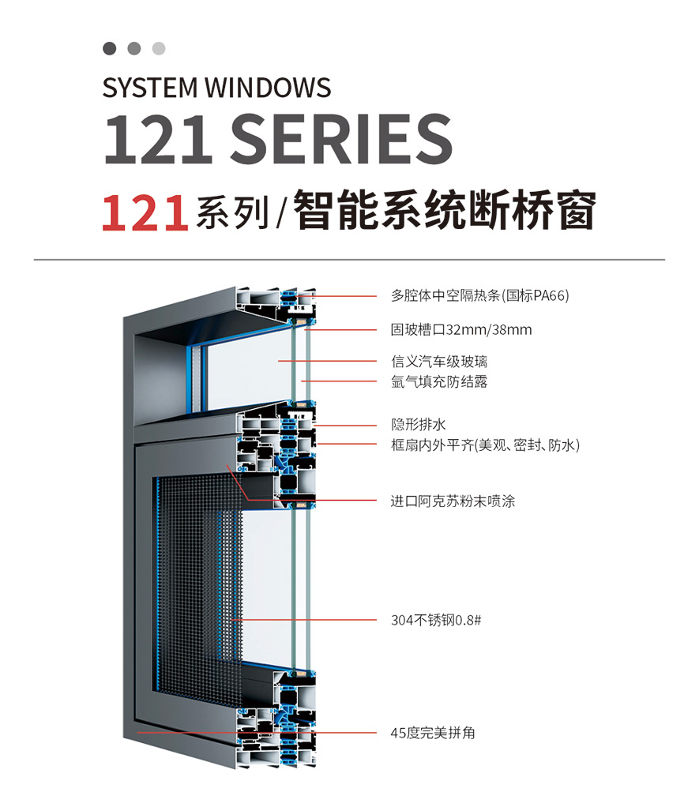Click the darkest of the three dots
[x=110, y=49]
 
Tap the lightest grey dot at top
[x=159, y=49]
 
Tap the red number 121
[x=145, y=213]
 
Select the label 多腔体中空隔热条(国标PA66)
[x=480, y=296]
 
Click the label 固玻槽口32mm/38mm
[x=461, y=329]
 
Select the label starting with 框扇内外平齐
[x=485, y=445]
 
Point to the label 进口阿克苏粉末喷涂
[x=453, y=501]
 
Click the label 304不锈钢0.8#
[x=436, y=620]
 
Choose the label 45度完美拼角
[x=433, y=734]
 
